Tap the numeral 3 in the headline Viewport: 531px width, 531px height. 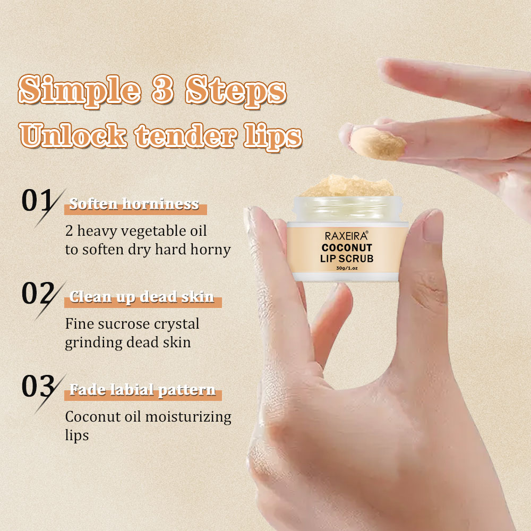coord(162,89)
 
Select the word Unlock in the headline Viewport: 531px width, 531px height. coord(73,135)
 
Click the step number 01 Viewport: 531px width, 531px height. coord(37,201)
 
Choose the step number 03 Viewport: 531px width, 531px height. coord(38,386)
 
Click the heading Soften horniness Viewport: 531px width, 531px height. coord(134,204)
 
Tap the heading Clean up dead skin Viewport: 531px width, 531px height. coord(142,297)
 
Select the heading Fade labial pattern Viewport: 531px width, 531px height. coord(142,390)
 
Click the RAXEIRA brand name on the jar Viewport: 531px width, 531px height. coord(346,236)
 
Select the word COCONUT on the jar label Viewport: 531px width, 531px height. coord(347,247)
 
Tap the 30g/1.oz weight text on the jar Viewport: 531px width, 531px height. coord(347,268)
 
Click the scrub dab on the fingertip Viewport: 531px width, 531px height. coord(378,143)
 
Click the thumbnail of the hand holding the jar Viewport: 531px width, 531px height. coord(433,225)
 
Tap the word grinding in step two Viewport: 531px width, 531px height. coord(93,342)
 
